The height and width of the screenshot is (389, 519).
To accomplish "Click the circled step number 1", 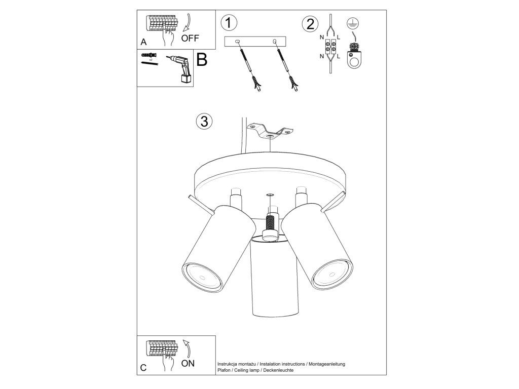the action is [x=229, y=23].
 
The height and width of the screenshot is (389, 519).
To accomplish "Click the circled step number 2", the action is [x=310, y=24].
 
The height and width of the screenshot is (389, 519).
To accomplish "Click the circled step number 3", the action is [x=204, y=121].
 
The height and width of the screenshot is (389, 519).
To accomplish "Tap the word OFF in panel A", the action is [x=190, y=38].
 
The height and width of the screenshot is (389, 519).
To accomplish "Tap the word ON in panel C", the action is [x=188, y=363].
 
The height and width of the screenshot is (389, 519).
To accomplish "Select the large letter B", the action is [x=202, y=60].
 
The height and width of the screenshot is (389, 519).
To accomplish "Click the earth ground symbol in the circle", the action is [x=353, y=23].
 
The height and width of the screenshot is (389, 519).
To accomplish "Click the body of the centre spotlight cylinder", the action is [x=276, y=278].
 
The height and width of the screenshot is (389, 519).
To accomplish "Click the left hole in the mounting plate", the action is [x=237, y=42].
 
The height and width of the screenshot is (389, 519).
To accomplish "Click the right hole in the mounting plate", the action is [x=274, y=42].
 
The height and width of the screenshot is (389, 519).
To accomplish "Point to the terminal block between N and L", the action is [x=331, y=47].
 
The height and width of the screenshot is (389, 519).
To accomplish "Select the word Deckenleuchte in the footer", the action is [x=278, y=370].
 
